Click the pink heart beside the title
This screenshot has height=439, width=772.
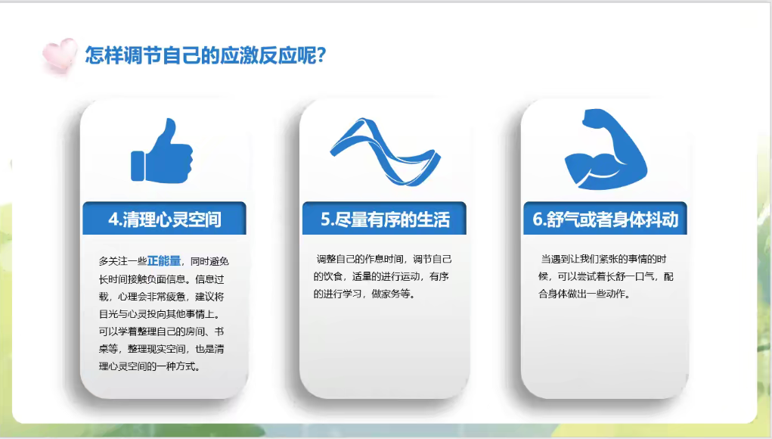click(x=60, y=55)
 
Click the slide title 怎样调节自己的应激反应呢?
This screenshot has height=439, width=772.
click(x=206, y=54)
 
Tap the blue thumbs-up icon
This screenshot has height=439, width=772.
click(x=162, y=151)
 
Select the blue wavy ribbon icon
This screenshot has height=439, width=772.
click(x=385, y=151)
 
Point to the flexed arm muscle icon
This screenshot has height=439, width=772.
click(x=606, y=149)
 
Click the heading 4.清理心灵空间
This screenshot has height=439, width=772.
click(x=165, y=219)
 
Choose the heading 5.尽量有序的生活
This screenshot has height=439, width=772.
click(x=385, y=219)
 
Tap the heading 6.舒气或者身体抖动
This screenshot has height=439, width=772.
click(x=606, y=219)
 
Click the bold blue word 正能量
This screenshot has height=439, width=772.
click(x=164, y=261)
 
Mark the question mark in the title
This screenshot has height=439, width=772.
click(x=321, y=54)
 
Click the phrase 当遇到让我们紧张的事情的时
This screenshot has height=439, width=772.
click(x=603, y=259)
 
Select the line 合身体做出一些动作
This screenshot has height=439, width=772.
click(x=584, y=294)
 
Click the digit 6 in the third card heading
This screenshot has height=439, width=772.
click(x=538, y=219)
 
